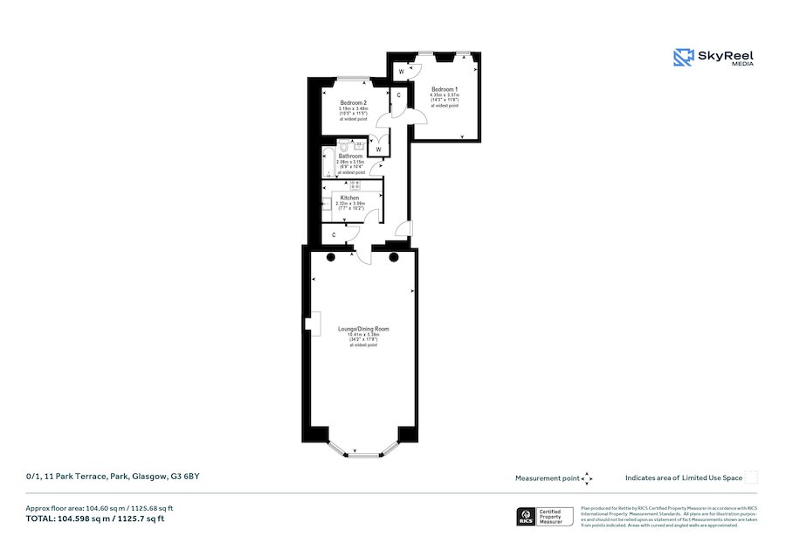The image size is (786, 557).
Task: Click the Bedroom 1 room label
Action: (x=444, y=90)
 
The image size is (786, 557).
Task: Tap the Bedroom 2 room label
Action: (x=354, y=102)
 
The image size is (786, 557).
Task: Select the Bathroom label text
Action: (x=351, y=157)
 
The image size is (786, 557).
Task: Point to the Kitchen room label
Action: (x=350, y=198)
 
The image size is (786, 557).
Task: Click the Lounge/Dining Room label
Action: (x=363, y=329)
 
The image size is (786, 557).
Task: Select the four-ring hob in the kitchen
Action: (x=355, y=185)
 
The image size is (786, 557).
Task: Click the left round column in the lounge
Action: (x=331, y=257)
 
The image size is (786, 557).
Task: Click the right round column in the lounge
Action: (x=395, y=257)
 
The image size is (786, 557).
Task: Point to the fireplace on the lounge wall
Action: (x=309, y=323)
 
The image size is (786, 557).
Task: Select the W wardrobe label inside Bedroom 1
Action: (x=400, y=71)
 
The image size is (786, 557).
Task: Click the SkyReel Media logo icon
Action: (x=682, y=58)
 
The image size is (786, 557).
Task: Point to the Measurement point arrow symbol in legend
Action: (x=587, y=478)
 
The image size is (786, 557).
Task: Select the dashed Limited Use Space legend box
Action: (x=751, y=477)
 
